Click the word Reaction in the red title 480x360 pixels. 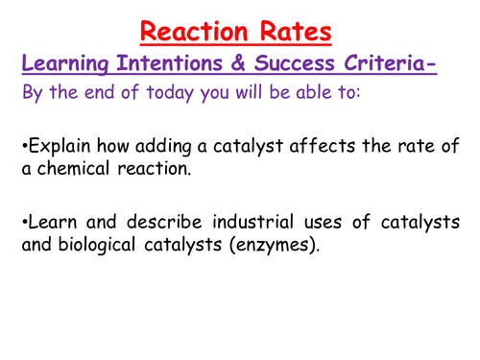pyautogui.click(x=192, y=32)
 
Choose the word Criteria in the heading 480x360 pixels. pyautogui.click(x=409, y=65)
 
